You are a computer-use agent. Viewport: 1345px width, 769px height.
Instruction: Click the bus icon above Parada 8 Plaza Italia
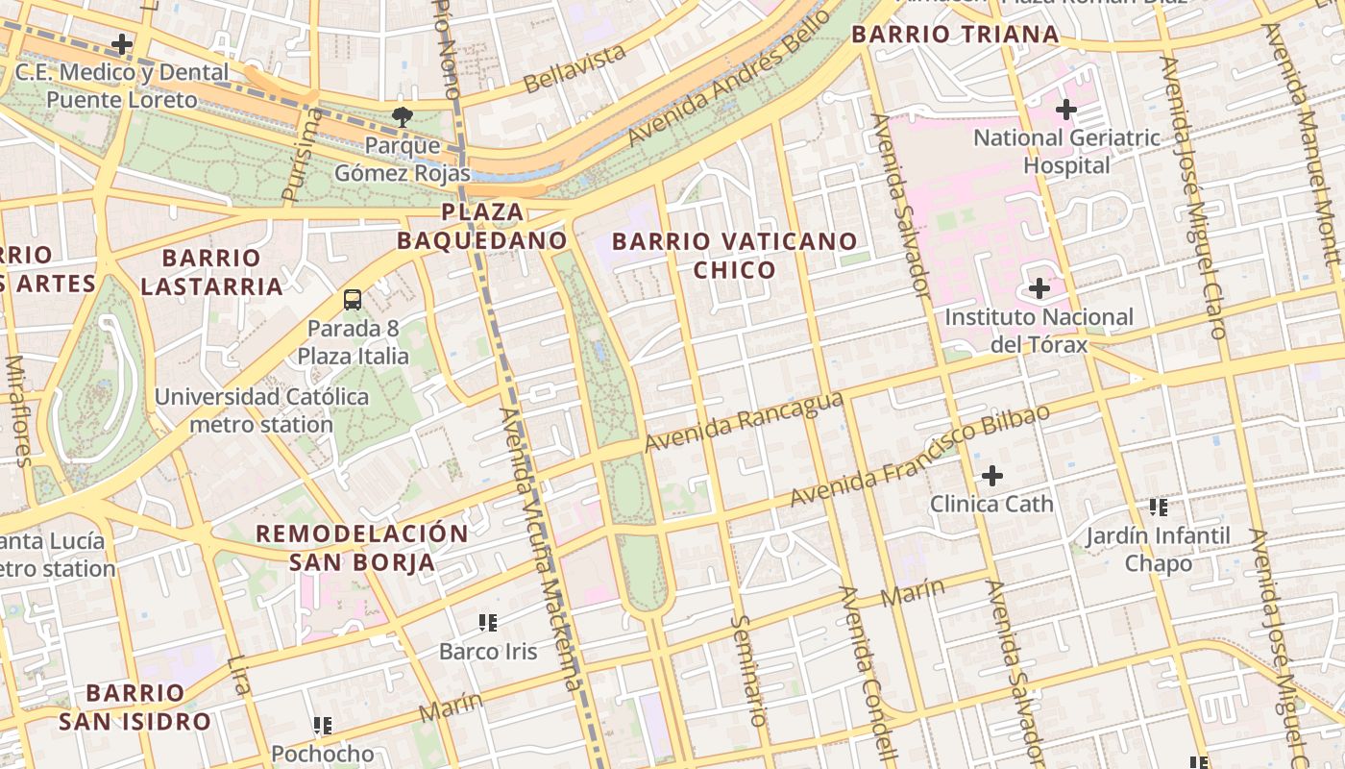353,299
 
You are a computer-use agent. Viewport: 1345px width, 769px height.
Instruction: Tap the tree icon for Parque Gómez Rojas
402,118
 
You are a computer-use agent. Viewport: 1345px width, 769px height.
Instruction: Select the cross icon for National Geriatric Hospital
1065,110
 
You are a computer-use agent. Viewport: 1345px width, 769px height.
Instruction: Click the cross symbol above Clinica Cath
991,475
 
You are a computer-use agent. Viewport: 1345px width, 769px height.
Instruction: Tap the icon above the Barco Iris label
488,623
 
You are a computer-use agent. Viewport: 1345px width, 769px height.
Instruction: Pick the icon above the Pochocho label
323,725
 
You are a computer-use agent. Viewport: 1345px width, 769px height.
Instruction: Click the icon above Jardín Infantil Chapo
1158,507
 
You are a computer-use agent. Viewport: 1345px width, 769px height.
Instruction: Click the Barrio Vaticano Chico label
734,255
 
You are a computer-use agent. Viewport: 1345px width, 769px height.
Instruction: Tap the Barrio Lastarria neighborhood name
211,272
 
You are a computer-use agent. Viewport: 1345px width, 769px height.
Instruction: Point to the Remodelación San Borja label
362,548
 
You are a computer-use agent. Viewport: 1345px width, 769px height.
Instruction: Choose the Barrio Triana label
955,36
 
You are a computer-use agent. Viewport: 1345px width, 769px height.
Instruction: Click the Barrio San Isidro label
134,707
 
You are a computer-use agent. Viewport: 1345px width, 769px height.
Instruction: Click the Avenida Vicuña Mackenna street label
539,548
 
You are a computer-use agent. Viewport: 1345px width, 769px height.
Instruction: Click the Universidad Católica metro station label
261,410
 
